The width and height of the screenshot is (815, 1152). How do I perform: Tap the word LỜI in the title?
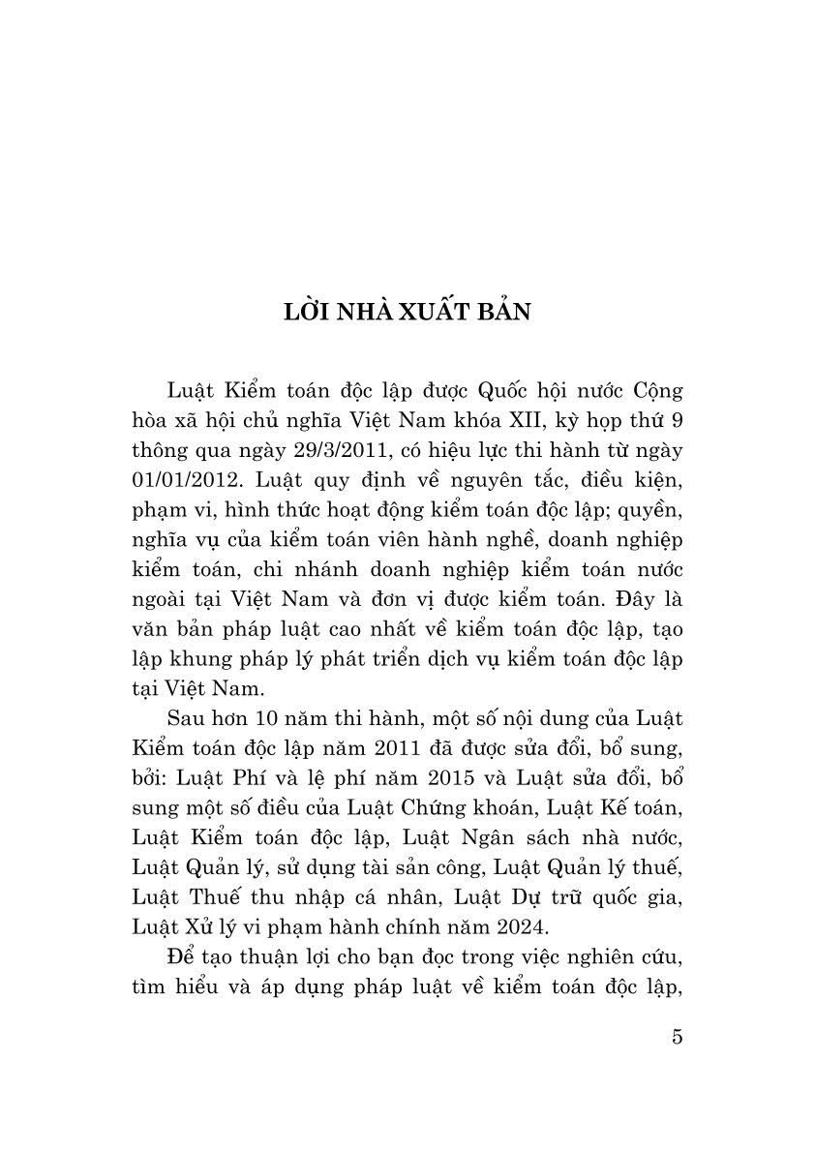coord(308,316)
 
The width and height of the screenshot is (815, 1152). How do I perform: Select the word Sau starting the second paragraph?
coord(187,723)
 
